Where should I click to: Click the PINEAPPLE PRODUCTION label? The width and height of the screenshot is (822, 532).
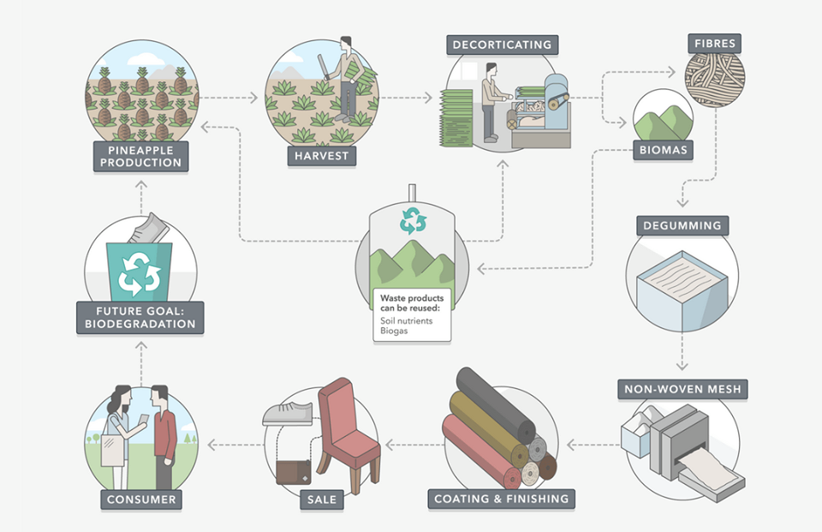pos(140,156)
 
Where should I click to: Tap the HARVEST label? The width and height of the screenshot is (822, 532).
pos(321,156)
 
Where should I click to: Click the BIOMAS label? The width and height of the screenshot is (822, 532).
pos(663,152)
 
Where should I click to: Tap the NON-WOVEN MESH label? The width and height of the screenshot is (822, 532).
pos(683,390)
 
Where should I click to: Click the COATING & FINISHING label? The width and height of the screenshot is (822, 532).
pos(501,499)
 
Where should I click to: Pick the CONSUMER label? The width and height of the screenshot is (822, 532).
pos(141,499)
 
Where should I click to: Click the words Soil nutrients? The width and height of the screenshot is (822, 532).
pos(407,321)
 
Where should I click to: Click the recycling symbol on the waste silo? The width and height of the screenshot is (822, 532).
pos(413,220)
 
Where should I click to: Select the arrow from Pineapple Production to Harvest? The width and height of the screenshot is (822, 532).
pos(229,98)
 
